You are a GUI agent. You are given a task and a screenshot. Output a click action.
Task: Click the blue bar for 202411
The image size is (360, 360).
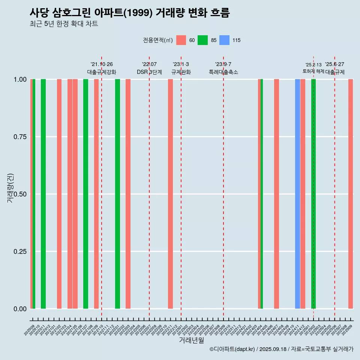click(x=297, y=194)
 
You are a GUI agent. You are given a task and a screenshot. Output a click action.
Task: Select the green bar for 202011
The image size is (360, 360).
click(x=43, y=194)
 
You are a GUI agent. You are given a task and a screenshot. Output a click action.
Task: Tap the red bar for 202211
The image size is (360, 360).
click(x=170, y=194)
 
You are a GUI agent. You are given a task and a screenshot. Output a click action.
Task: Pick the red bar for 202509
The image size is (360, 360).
click(x=351, y=194)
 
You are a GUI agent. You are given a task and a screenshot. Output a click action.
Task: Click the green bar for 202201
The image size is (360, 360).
click(x=117, y=194)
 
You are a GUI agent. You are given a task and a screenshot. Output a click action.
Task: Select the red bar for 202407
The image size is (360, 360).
click(x=276, y=194)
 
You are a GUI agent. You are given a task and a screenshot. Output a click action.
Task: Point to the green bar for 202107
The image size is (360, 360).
click(x=85, y=194)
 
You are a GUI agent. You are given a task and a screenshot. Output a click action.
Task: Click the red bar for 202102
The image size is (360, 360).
click(x=59, y=194)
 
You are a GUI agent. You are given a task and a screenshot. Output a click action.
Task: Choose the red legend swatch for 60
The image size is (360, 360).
click(x=181, y=40)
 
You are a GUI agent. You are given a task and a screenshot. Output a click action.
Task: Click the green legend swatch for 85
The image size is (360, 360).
click(x=202, y=40)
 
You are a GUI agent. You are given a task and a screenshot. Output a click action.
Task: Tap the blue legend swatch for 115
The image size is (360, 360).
click(x=224, y=40)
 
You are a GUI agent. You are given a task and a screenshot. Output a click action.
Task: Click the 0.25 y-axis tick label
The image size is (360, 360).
click(x=19, y=251)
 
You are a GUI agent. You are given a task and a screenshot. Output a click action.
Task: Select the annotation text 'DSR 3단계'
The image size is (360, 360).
click(x=149, y=72)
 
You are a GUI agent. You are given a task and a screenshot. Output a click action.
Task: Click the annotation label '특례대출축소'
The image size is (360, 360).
click(x=223, y=72)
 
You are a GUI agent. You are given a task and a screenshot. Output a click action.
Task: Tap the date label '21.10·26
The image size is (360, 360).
click(x=102, y=64)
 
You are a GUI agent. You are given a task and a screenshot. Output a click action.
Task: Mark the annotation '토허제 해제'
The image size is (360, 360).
click(x=313, y=71)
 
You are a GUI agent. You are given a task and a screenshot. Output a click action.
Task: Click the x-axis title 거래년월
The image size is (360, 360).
click(x=192, y=340)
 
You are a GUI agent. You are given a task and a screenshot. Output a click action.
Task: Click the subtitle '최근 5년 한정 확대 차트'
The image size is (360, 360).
click(x=64, y=24)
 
